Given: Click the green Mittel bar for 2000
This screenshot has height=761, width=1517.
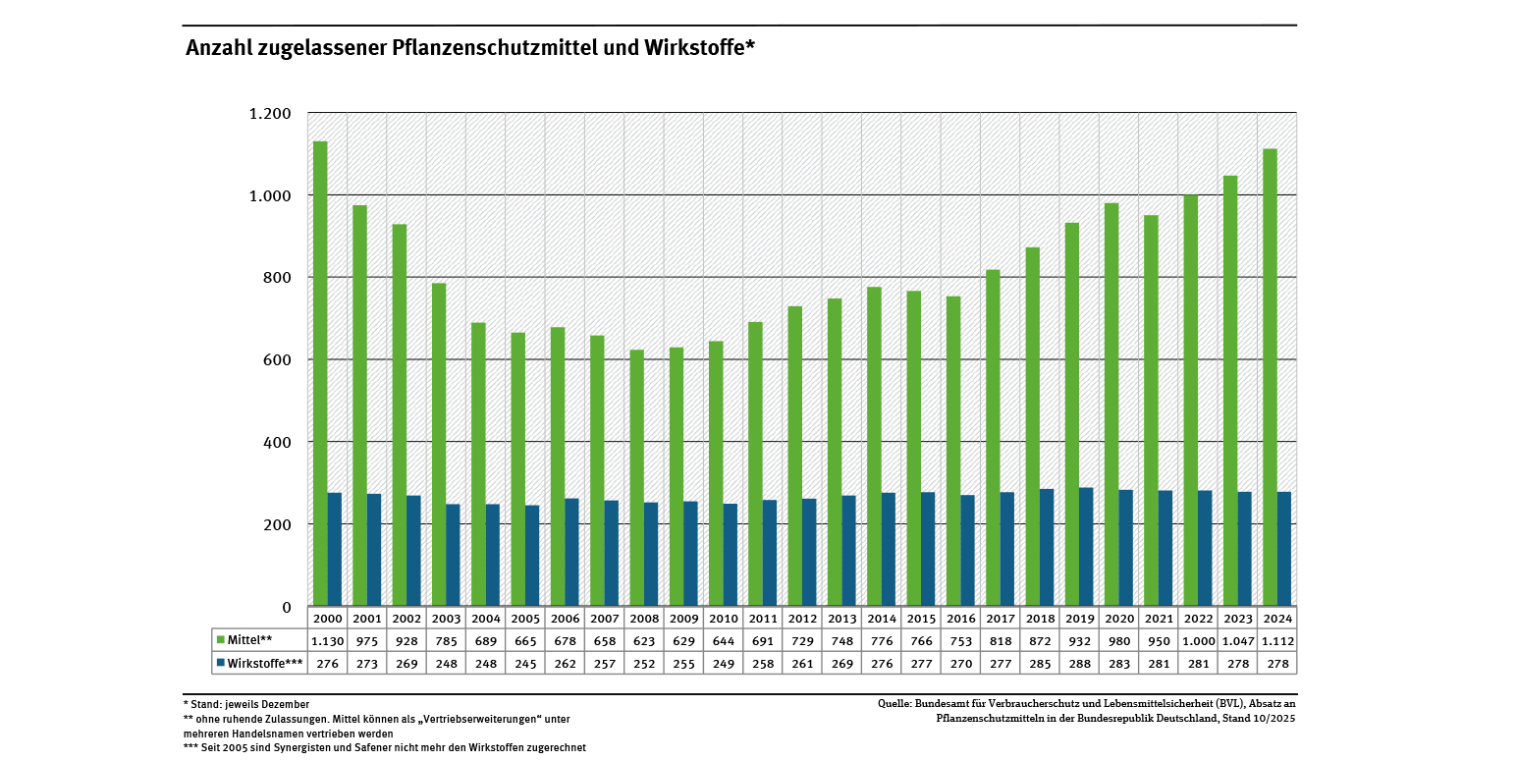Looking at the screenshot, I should click(320, 373).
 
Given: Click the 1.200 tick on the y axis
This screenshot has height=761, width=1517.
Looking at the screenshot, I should click(270, 114).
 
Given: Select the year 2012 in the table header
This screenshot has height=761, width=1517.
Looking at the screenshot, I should click(802, 619).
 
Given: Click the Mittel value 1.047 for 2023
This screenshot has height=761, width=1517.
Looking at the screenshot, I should click(1237, 641).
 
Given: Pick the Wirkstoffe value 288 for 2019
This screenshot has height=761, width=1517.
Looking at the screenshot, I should click(1079, 664).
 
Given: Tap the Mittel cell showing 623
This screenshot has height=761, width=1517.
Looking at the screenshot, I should click(644, 641).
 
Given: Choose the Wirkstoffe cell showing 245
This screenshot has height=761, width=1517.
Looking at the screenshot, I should click(525, 664).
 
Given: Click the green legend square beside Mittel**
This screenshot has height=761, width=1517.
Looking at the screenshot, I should click(220, 640).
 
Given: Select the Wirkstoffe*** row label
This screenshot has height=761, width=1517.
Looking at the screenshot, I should click(264, 664).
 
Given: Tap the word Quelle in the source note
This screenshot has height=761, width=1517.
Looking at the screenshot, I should click(894, 704).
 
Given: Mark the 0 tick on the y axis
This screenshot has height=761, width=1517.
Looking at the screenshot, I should click(287, 608).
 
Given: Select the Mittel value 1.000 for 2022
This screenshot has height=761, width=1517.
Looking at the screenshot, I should click(1198, 641).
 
